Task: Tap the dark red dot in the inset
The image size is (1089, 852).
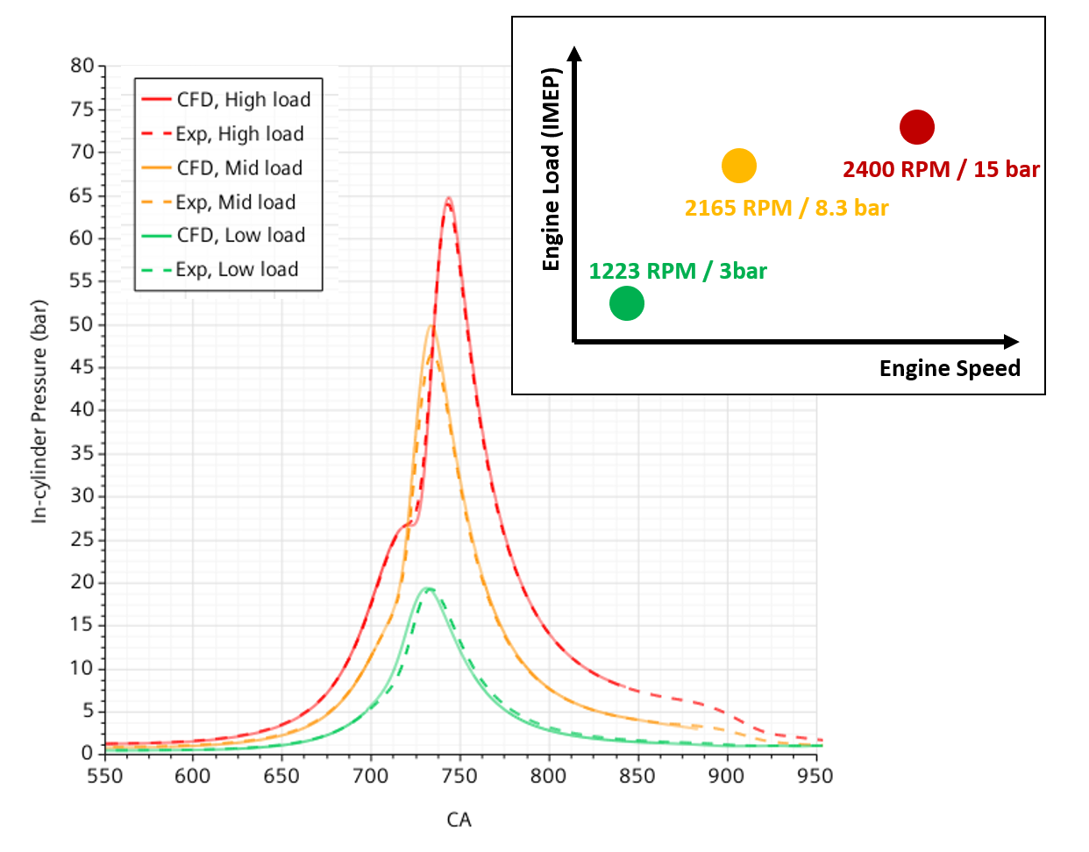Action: coord(916,128)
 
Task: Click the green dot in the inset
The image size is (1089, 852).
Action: coord(627,304)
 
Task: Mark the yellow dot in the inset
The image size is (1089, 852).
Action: coord(739,166)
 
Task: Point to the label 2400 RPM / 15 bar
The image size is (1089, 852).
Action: coord(941,170)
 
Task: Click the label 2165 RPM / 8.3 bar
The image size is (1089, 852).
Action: coord(786,209)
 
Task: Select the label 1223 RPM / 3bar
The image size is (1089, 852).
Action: coord(677,272)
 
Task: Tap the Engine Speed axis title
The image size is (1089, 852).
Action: coord(950,369)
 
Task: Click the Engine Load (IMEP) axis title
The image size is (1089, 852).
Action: coord(551,169)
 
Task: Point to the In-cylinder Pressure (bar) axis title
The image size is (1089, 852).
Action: coord(39,412)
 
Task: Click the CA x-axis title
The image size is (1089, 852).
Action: coord(459,820)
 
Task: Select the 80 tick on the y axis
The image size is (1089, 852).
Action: coord(82,67)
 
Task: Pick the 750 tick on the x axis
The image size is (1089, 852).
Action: coord(459,777)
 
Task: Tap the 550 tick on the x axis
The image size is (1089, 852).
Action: coord(105,777)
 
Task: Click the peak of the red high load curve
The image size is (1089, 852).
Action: coord(449,199)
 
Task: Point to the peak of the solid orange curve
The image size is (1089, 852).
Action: coord(431,326)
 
